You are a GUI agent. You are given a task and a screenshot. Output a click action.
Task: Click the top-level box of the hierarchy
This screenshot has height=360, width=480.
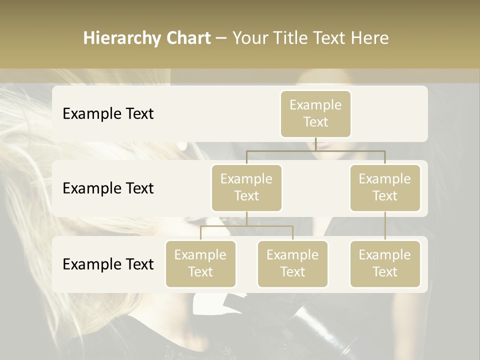pyautogui.click(x=315, y=114)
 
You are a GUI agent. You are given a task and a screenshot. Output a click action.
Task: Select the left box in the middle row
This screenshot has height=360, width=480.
pyautogui.click(x=246, y=188)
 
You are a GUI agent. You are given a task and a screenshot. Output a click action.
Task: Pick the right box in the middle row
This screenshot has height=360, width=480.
pyautogui.click(x=385, y=188)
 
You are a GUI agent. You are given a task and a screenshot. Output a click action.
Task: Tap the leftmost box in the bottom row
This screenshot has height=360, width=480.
pyautogui.click(x=200, y=264)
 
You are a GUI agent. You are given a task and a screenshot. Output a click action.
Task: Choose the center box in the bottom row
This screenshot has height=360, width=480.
pyautogui.click(x=292, y=264)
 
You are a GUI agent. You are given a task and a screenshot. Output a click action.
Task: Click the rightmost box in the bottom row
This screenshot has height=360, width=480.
pyautogui.click(x=385, y=264)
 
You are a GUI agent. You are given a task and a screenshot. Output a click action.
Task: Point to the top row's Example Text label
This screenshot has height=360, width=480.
pyautogui.click(x=108, y=114)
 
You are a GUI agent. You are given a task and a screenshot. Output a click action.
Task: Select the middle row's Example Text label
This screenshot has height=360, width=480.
pyautogui.click(x=108, y=188)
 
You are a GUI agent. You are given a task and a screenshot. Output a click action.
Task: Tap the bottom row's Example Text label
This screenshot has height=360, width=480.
pyautogui.click(x=108, y=264)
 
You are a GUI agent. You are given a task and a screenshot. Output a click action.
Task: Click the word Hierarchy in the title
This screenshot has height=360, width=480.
pyautogui.click(x=121, y=38)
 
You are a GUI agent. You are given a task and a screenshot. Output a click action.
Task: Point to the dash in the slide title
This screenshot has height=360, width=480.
pyautogui.click(x=221, y=38)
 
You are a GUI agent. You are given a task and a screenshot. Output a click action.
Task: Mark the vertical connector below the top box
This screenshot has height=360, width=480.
pyautogui.click(x=315, y=144)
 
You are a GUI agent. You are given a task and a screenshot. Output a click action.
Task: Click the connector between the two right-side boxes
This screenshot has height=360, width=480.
pyautogui.click(x=385, y=226)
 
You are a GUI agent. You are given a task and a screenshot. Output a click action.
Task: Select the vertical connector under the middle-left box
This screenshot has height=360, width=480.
pyautogui.click(x=246, y=218)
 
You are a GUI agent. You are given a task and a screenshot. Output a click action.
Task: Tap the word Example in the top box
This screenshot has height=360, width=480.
pyautogui.click(x=315, y=105)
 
